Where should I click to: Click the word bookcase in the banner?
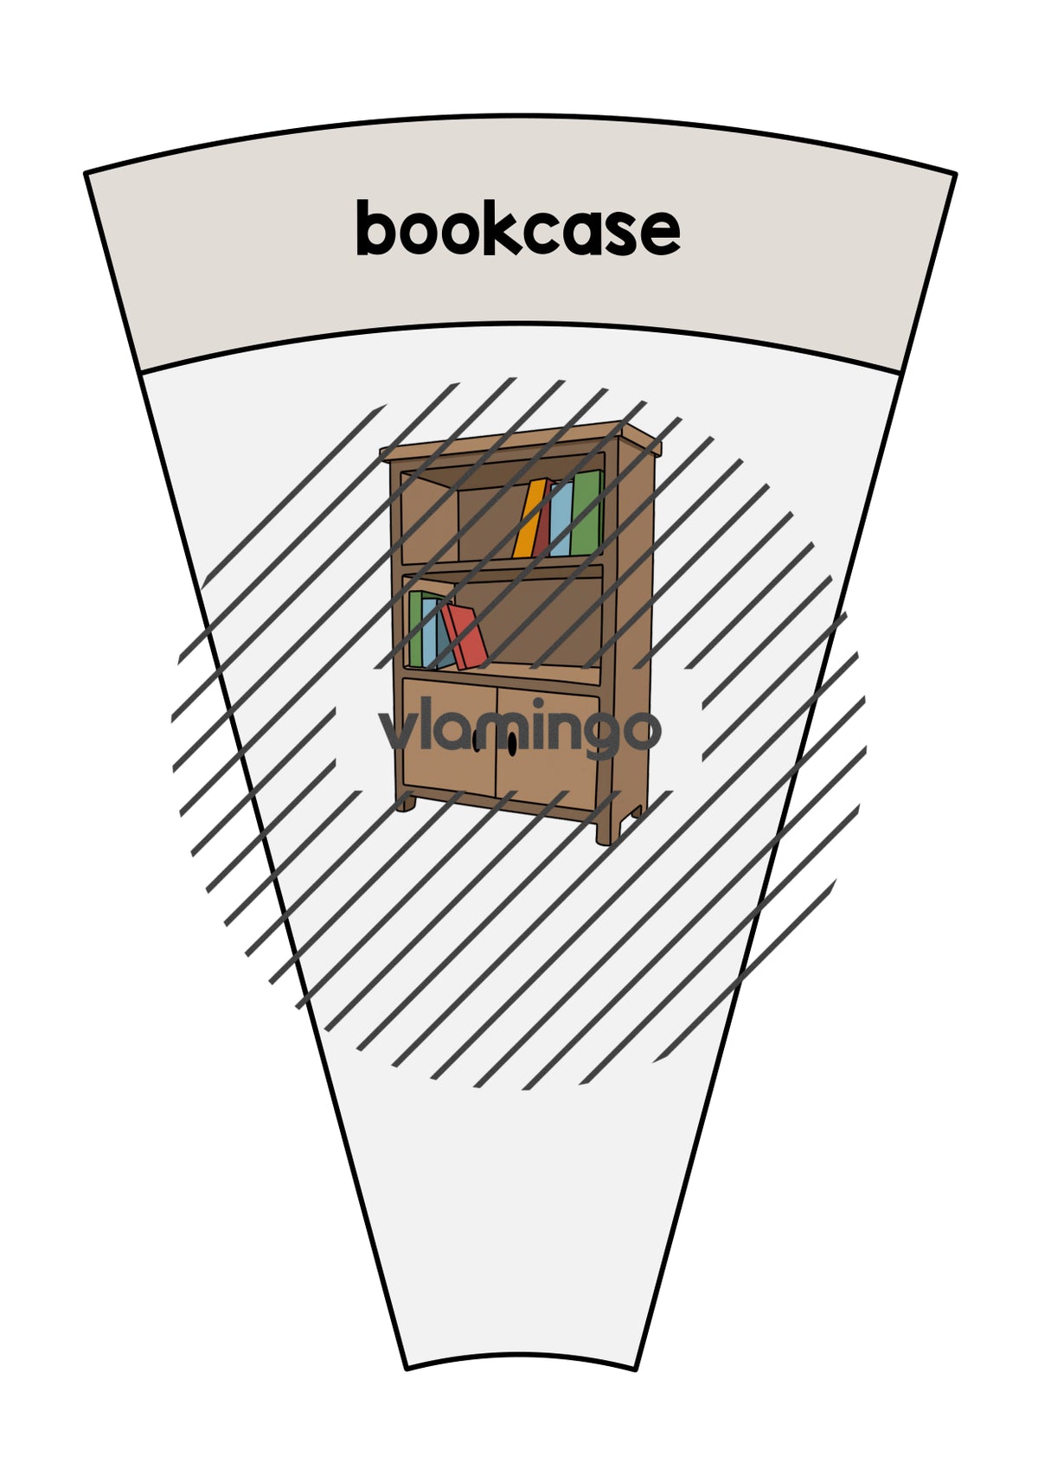point(518,228)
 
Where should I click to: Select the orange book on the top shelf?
point(531,518)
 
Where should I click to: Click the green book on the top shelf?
point(586,513)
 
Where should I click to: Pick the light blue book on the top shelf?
point(561,518)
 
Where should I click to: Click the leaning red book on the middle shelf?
point(465,636)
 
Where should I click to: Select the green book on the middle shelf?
point(416,629)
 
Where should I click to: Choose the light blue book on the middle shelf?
point(431,633)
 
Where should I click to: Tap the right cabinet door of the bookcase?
point(547,747)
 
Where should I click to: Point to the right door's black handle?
point(511,741)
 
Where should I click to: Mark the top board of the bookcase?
point(522,440)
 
